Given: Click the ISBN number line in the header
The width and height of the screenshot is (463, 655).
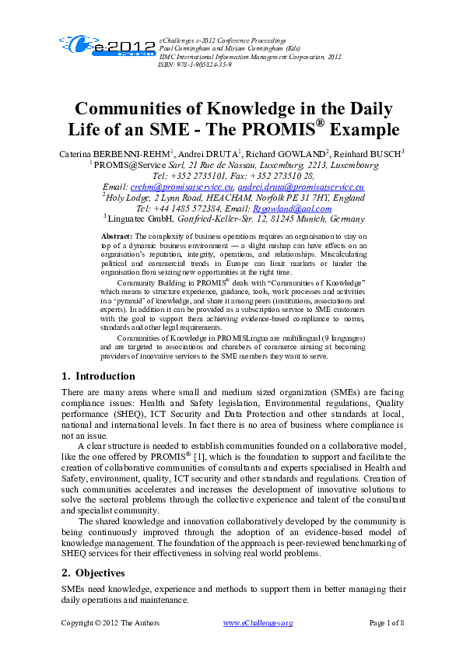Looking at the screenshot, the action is (194, 64).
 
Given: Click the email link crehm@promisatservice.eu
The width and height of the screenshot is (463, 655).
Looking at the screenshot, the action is (182, 187).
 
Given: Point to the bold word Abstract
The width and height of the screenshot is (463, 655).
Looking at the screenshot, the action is (118, 234).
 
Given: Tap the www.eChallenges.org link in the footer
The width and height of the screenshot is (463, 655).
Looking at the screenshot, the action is (258, 623).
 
